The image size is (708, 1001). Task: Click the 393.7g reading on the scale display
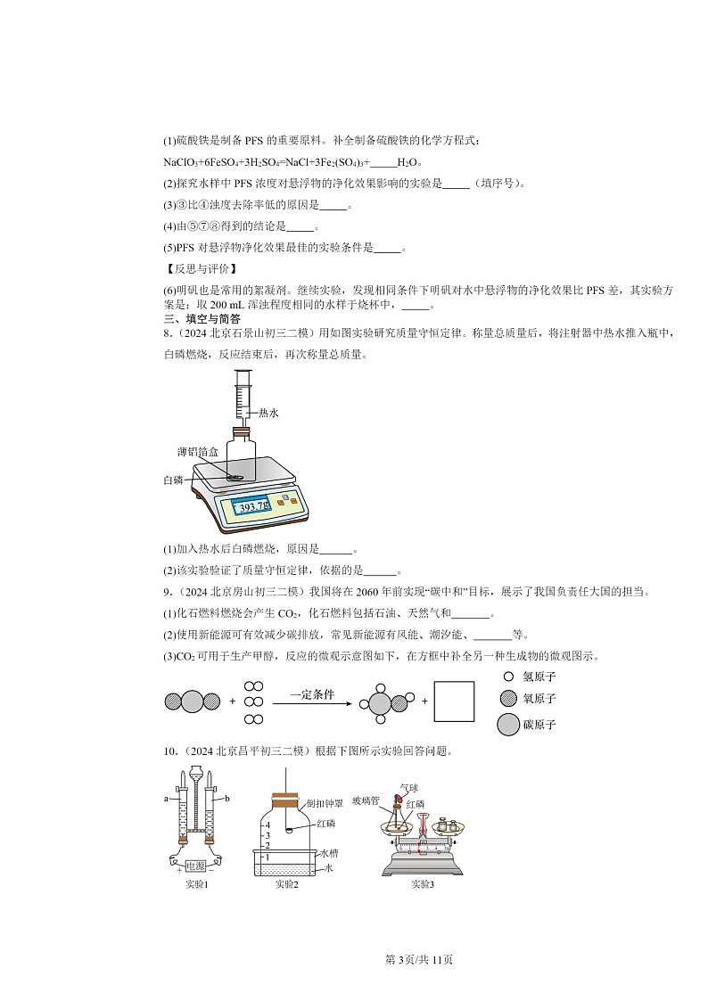[251, 507]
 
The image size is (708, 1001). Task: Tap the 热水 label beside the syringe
[268, 414]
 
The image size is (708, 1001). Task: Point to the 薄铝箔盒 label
[197, 452]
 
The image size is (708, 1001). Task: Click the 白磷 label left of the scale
[173, 480]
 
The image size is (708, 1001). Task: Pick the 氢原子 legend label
[539, 677]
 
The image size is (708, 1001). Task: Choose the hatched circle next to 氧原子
[508, 700]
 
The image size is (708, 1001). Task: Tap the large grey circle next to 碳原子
[508, 725]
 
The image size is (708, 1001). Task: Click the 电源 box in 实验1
[196, 866]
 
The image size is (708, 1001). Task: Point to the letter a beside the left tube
[166, 799]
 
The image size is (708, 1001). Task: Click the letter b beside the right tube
[226, 799]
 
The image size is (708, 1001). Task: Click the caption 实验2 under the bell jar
[286, 884]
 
